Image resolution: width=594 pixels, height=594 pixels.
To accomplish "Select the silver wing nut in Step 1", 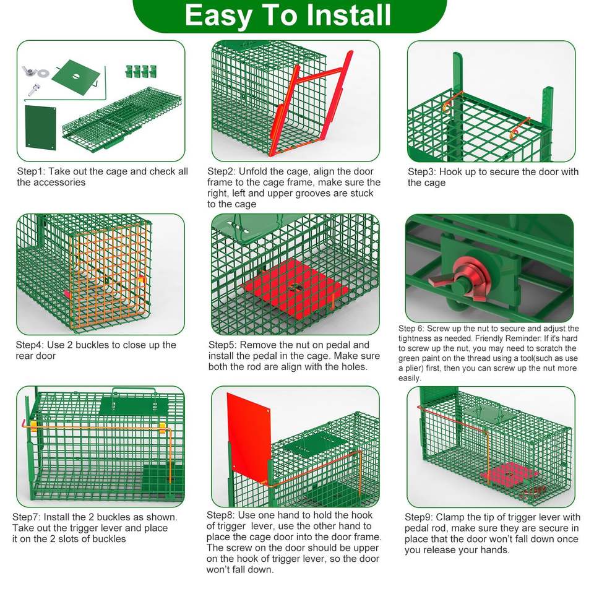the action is point(30,71).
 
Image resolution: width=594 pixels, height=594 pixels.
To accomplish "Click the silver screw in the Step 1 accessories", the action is point(33,90).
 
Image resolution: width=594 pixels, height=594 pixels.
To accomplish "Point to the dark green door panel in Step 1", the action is point(41,127).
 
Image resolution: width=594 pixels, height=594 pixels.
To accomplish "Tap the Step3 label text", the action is point(421,172).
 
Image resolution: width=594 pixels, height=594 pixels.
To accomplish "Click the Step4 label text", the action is point(30,345).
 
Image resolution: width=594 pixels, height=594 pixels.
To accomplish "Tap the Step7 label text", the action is point(26,517).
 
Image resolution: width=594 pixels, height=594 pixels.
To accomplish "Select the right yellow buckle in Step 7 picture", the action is point(163,428).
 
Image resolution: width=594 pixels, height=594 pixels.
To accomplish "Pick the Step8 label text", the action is point(220,515).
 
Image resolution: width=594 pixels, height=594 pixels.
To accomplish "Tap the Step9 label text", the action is point(419,517).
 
